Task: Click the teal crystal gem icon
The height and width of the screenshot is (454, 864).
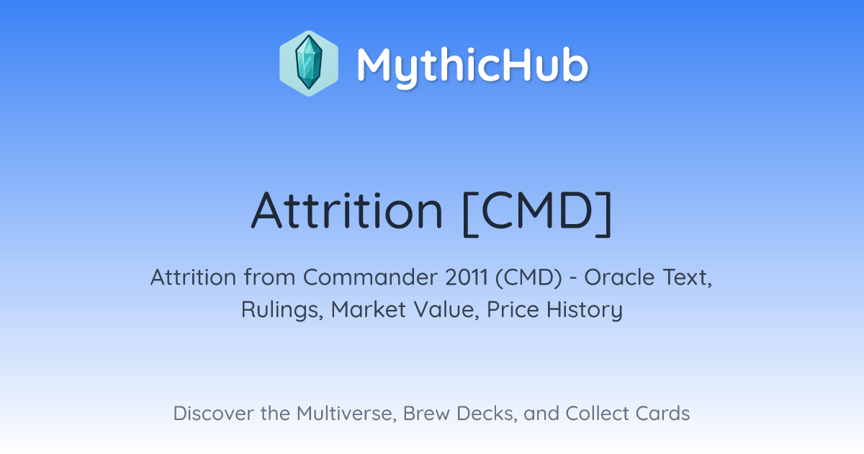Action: point(309,63)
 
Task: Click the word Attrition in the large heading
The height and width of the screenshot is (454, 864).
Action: point(347,210)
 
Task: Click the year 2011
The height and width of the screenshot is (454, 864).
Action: point(467,277)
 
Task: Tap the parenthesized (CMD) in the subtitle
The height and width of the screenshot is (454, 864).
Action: point(528,277)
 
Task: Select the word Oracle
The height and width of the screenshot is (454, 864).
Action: point(619,277)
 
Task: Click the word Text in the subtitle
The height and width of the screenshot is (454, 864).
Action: point(687,277)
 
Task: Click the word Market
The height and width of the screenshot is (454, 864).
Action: point(369,309)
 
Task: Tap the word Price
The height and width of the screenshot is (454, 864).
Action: point(513,309)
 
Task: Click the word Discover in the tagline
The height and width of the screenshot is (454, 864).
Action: point(213,413)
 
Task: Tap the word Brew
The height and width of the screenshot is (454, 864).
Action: point(426,413)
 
